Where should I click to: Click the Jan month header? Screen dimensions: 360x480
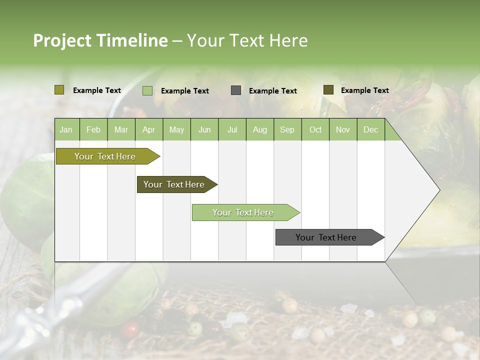[x=66, y=130]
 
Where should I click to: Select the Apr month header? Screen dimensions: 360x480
[x=148, y=130]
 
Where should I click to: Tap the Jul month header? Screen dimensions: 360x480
[x=232, y=130]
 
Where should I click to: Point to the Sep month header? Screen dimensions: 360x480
[x=287, y=130]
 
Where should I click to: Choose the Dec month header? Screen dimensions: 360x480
[x=370, y=130]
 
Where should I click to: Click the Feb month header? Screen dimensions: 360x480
[x=93, y=130]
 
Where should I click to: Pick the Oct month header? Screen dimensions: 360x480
[x=315, y=130]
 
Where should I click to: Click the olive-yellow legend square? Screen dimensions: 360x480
[x=59, y=90]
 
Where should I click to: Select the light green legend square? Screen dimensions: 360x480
[x=147, y=90]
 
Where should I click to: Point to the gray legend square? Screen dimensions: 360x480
[x=236, y=90]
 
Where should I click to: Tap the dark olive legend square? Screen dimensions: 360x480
[x=328, y=90]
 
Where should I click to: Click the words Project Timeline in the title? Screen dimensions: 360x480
[x=100, y=40]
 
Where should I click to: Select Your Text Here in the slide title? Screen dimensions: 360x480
[x=247, y=40]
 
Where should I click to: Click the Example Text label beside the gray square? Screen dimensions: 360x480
[x=272, y=91]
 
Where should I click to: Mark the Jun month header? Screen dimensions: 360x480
[x=204, y=130]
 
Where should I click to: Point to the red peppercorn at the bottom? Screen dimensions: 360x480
[x=131, y=329]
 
